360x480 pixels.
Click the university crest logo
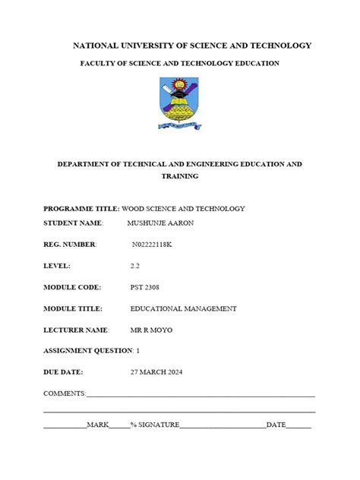180,104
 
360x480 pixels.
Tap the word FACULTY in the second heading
98,63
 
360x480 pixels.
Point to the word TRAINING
180,175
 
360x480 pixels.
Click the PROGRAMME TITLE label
81,208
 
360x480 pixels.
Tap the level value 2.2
136,266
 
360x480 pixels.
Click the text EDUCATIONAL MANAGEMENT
183,308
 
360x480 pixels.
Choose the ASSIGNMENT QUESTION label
88,351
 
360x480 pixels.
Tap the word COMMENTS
65,393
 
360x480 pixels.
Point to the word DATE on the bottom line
276,425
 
